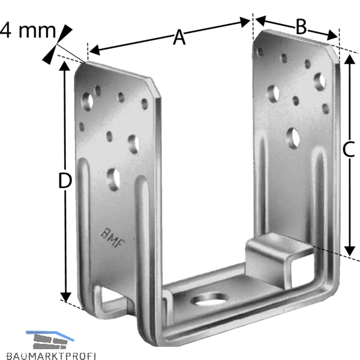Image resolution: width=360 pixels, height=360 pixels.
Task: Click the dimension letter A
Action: tap(179, 37)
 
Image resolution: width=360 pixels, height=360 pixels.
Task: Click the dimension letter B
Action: tap(301, 26)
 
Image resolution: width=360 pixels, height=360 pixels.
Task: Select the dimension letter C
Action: tap(349, 149)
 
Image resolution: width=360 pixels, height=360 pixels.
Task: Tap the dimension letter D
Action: tap(65, 181)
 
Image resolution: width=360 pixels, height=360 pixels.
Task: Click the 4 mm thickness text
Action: tap(28, 31)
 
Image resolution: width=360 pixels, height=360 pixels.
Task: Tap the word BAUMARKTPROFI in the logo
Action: tap(51, 356)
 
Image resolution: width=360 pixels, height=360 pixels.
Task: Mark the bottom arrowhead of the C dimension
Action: tap(350, 251)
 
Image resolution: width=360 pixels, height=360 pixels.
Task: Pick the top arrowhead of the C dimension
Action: tap(350, 59)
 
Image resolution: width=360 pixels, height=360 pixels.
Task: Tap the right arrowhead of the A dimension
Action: tap(245, 22)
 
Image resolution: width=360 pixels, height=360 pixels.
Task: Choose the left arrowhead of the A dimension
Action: tap(94, 50)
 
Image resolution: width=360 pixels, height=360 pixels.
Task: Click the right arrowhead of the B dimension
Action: tap(332, 35)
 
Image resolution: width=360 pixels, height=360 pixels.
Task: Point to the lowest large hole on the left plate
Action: tap(113, 179)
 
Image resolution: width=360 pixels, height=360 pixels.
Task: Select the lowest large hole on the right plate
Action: tap(293, 138)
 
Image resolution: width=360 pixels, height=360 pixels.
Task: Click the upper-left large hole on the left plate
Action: tap(87, 102)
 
